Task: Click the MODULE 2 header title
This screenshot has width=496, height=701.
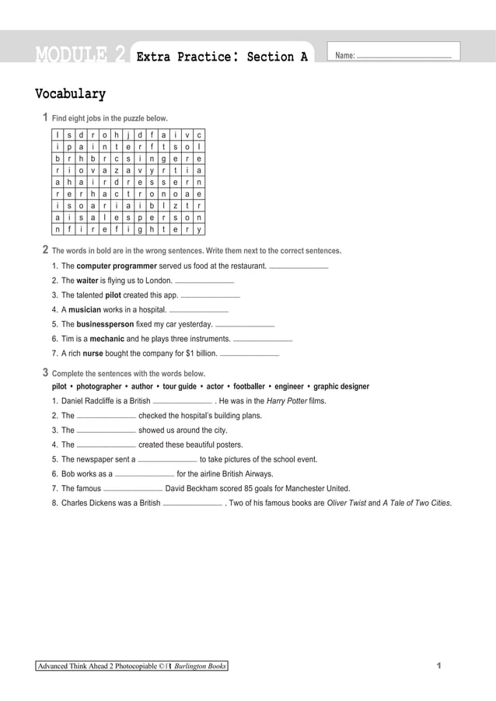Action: pyautogui.click(x=80, y=55)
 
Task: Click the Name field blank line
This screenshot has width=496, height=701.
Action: pyautogui.click(x=403, y=57)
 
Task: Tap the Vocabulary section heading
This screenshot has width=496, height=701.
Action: pyautogui.click(x=70, y=95)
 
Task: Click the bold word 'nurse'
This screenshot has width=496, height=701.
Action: pyautogui.click(x=93, y=354)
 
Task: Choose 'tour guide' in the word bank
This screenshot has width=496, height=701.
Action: pyautogui.click(x=179, y=386)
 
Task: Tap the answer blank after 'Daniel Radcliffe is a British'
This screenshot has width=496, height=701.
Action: pyautogui.click(x=183, y=403)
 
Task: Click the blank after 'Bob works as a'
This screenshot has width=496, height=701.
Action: pyautogui.click(x=145, y=476)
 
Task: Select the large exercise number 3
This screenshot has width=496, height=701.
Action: pyautogui.click(x=46, y=372)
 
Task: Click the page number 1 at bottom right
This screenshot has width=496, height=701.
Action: pyautogui.click(x=439, y=666)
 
